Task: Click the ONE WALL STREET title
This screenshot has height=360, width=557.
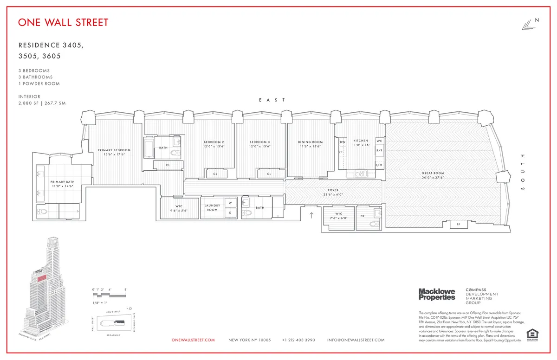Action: [x=63, y=22]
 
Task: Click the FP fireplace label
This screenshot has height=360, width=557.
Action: [x=458, y=225]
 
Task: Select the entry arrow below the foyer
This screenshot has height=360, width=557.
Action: [x=311, y=215]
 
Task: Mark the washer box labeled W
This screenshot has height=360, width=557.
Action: [x=230, y=203]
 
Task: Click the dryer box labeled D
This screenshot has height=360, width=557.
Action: [x=230, y=213]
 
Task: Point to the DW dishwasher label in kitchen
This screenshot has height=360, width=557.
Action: [x=343, y=141]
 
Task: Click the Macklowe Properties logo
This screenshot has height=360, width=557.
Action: [x=437, y=294]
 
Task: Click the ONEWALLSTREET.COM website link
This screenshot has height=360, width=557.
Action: [x=193, y=340]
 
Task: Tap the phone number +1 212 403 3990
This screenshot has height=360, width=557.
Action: [x=298, y=340]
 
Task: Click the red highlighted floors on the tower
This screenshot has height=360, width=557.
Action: [x=42, y=278]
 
